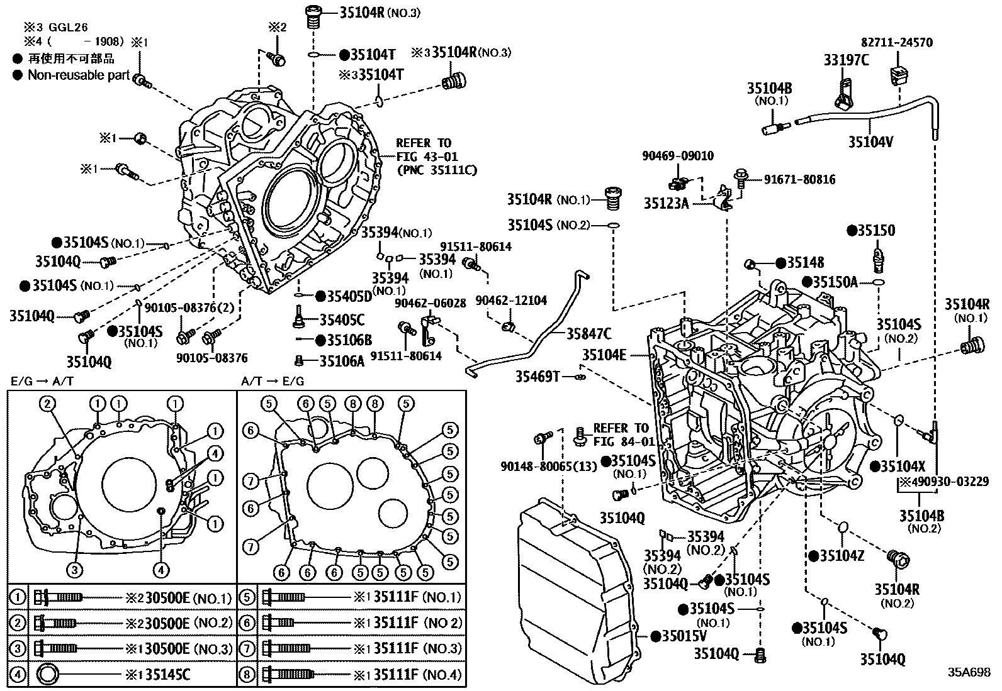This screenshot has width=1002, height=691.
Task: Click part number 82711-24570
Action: [x=897, y=43]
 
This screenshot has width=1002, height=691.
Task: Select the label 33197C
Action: [x=846, y=60]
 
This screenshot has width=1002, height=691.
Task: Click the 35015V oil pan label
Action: [x=684, y=636]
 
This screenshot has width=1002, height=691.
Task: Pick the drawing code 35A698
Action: [x=969, y=672]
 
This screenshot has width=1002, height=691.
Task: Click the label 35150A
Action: [x=835, y=282]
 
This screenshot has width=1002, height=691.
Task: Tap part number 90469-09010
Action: [x=678, y=155]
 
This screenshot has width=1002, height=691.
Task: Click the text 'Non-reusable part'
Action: [x=78, y=75]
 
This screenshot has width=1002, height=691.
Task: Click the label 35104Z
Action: [x=842, y=555]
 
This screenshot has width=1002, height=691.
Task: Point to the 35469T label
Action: [x=538, y=376]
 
